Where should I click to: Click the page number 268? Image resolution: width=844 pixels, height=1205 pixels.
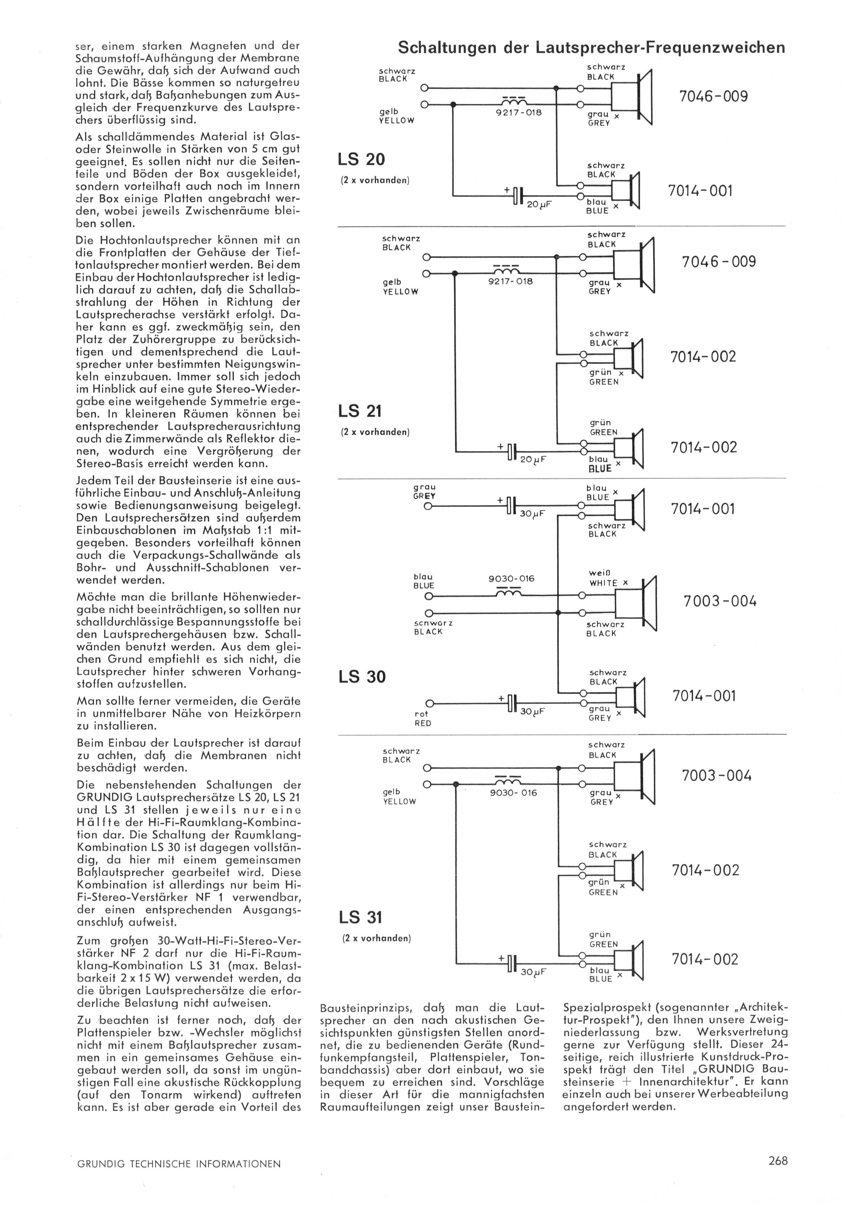pos(778,1160)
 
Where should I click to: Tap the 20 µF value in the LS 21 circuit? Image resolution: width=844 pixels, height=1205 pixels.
pos(533,459)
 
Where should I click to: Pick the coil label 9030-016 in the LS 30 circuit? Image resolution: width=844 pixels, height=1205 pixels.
pos(511,579)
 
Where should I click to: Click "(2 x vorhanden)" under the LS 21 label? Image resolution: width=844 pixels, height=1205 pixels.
pos(375,432)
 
